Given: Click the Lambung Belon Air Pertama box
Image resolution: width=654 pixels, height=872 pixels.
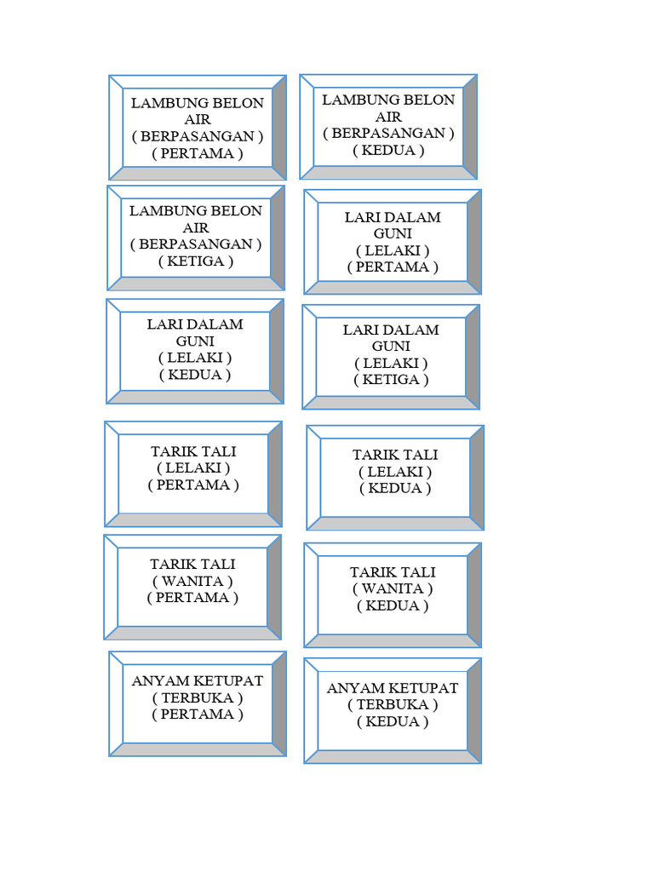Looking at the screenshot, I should pos(198,128).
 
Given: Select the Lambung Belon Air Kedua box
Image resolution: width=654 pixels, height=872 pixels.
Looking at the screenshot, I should pos(388,126).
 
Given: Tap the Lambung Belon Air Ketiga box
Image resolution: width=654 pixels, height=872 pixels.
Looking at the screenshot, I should pos(196,238).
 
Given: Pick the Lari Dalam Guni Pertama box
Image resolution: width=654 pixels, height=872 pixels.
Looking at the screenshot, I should pos(393,242).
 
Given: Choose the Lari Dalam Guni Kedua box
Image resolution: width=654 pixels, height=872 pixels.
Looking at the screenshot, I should pos(195,350).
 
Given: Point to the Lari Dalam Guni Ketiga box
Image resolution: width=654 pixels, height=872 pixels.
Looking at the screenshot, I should pos(391,356).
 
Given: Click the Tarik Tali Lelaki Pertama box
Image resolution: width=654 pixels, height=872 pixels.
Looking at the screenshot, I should pos(193,473).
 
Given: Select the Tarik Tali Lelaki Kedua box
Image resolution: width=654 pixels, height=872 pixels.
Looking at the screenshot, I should pos(395,478).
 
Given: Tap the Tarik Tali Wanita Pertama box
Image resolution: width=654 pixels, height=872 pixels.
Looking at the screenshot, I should pos(192,587).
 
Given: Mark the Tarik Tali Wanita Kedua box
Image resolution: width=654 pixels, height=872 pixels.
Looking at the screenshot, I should pos(393,594).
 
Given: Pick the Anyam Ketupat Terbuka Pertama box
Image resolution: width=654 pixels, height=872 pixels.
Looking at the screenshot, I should pos(198,703).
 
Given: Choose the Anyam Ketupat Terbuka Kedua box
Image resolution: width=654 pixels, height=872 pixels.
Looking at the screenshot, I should pos(393,710).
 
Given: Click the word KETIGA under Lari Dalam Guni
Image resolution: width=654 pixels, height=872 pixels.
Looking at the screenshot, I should pos(391,380).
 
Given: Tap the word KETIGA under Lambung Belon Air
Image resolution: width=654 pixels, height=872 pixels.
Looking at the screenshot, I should pos(195,261).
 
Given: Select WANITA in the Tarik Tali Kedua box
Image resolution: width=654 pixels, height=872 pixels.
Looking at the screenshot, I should pos(393,589).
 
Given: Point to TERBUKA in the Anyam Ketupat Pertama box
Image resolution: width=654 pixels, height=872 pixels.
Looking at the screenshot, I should pos(198,697).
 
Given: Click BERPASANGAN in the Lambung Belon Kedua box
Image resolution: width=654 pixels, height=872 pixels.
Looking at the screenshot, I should pos(388,134).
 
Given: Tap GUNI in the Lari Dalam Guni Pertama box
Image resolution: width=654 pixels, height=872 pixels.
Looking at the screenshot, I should pos(392,233).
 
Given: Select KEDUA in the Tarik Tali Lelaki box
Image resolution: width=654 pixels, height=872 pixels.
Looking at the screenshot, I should pos(394,489).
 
